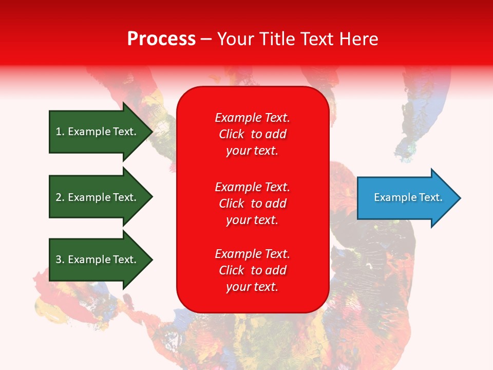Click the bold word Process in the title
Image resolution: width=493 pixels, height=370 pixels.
[x=161, y=39]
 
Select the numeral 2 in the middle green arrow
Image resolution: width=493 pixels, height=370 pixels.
[x=59, y=197]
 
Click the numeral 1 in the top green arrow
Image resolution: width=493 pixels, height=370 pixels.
[x=59, y=132]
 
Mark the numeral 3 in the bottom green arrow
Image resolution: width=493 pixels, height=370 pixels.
[x=59, y=260]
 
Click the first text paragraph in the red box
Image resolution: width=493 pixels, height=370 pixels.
[x=252, y=134]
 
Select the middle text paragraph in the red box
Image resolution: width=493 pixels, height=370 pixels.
[x=252, y=203]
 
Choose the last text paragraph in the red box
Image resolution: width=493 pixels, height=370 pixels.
[x=252, y=270]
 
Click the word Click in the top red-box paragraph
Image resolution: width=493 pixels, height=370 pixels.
[x=231, y=134]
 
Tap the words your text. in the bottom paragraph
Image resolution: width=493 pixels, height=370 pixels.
[x=252, y=287]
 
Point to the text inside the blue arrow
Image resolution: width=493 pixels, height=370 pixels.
[x=408, y=197]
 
